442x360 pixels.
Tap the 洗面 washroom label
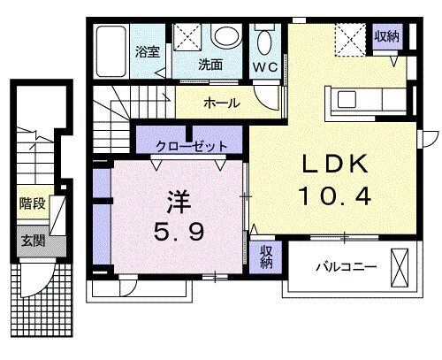point(210,64)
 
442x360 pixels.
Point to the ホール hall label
point(221,103)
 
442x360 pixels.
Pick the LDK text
point(335,165)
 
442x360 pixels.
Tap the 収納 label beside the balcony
point(266,259)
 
